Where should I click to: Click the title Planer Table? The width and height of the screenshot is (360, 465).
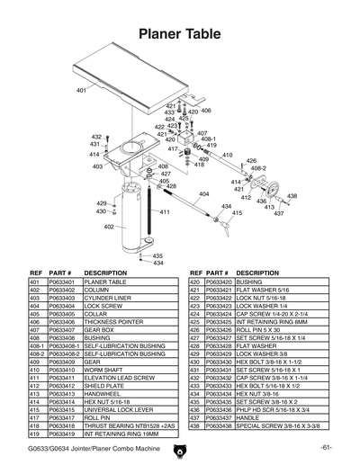[180, 34]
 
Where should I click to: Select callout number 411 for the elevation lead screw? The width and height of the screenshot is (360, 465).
[165, 212]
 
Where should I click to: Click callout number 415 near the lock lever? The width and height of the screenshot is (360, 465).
[238, 213]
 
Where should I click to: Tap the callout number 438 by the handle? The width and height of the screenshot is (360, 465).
[292, 196]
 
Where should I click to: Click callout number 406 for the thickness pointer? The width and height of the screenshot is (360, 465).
[206, 111]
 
